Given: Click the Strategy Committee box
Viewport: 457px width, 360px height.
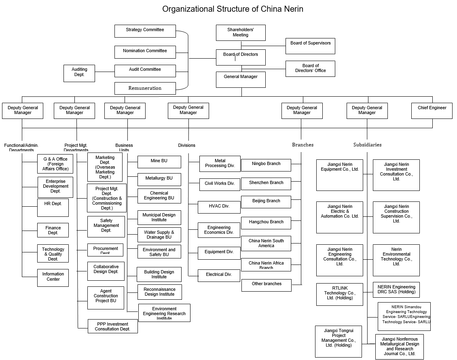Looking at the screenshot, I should (145, 31).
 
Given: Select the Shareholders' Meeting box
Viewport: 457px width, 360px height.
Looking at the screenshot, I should (241, 32).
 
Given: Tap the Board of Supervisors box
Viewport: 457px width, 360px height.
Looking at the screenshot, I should (310, 46).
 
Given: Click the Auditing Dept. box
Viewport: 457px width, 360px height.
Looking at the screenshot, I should (79, 73).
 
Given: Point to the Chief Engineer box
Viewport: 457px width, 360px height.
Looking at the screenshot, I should (432, 110).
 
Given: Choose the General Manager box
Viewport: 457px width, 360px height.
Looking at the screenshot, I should (241, 80).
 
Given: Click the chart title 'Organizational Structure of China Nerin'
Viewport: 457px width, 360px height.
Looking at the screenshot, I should (233, 9).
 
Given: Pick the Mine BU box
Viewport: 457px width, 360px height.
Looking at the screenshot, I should (159, 162).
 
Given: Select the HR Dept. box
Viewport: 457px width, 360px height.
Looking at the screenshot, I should (53, 207).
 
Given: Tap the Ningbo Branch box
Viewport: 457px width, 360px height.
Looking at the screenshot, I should (266, 165).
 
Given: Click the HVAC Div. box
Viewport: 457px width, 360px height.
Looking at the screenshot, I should (219, 207).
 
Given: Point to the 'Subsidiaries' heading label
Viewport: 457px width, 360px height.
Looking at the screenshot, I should (367, 144).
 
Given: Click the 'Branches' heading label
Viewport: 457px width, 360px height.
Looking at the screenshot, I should (303, 144).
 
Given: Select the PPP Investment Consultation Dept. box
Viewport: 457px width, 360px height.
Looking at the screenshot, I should (112, 326).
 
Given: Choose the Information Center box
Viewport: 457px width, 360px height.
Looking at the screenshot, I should (53, 277).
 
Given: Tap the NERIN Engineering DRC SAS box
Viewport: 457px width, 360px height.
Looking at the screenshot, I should (396, 290).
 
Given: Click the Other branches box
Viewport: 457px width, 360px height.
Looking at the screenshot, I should (267, 285).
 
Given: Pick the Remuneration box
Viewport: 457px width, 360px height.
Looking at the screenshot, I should (145, 88).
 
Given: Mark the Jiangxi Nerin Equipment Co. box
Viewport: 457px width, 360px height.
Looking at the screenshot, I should (339, 175).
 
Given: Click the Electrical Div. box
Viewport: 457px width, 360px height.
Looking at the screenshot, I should (219, 275).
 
